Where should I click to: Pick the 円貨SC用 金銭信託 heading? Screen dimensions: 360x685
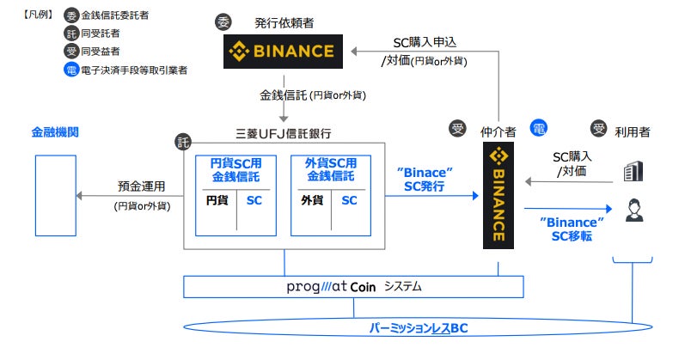235,169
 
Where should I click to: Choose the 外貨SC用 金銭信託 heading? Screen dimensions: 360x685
330,169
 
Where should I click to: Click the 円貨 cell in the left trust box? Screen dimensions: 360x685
217,201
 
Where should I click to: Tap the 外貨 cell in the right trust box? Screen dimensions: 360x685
311,201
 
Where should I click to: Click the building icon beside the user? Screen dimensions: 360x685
633,172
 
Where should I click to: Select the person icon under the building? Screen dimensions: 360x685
633,210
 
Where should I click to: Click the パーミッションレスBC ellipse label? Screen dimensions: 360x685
418,328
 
